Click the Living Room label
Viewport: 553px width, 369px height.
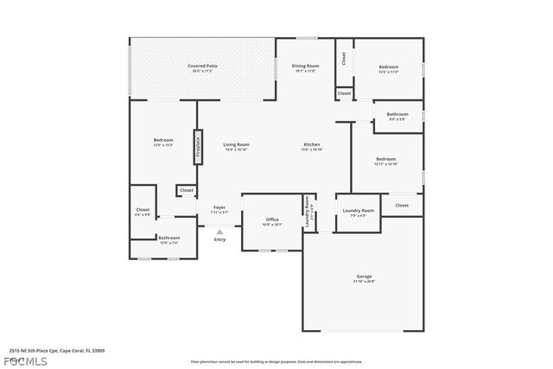coord(236,146)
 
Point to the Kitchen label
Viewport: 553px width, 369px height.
coord(311,146)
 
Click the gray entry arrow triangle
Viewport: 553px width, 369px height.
coord(219,231)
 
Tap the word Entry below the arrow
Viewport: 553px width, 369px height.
coord(219,239)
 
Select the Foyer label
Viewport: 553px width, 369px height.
coord(219,209)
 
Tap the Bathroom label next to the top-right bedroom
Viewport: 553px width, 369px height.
coord(397,116)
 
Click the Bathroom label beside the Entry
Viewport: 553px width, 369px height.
coord(168,239)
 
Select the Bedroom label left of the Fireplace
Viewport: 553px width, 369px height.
coord(163,142)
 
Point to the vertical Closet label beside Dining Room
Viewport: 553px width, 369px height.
coord(343,58)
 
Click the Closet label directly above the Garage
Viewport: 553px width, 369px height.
coord(402,205)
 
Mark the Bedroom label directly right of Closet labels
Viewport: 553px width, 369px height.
coord(388,68)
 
